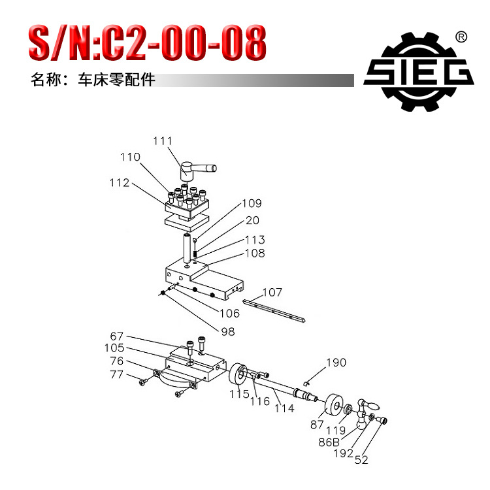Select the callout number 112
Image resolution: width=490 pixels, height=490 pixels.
pyautogui.click(x=120, y=183)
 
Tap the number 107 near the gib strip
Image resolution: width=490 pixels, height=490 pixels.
pyautogui.click(x=272, y=292)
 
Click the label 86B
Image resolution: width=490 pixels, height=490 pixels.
pyautogui.click(x=330, y=442)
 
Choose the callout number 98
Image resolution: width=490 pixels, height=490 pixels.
pyautogui.click(x=227, y=331)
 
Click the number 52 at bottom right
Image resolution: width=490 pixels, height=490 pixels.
pyautogui.click(x=361, y=460)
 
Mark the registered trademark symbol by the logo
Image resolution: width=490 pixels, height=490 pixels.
pyautogui.click(x=460, y=37)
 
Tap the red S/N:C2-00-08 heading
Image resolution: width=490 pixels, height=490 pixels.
pyautogui.click(x=147, y=42)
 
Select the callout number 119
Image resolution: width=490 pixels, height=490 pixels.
pyautogui.click(x=336, y=431)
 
